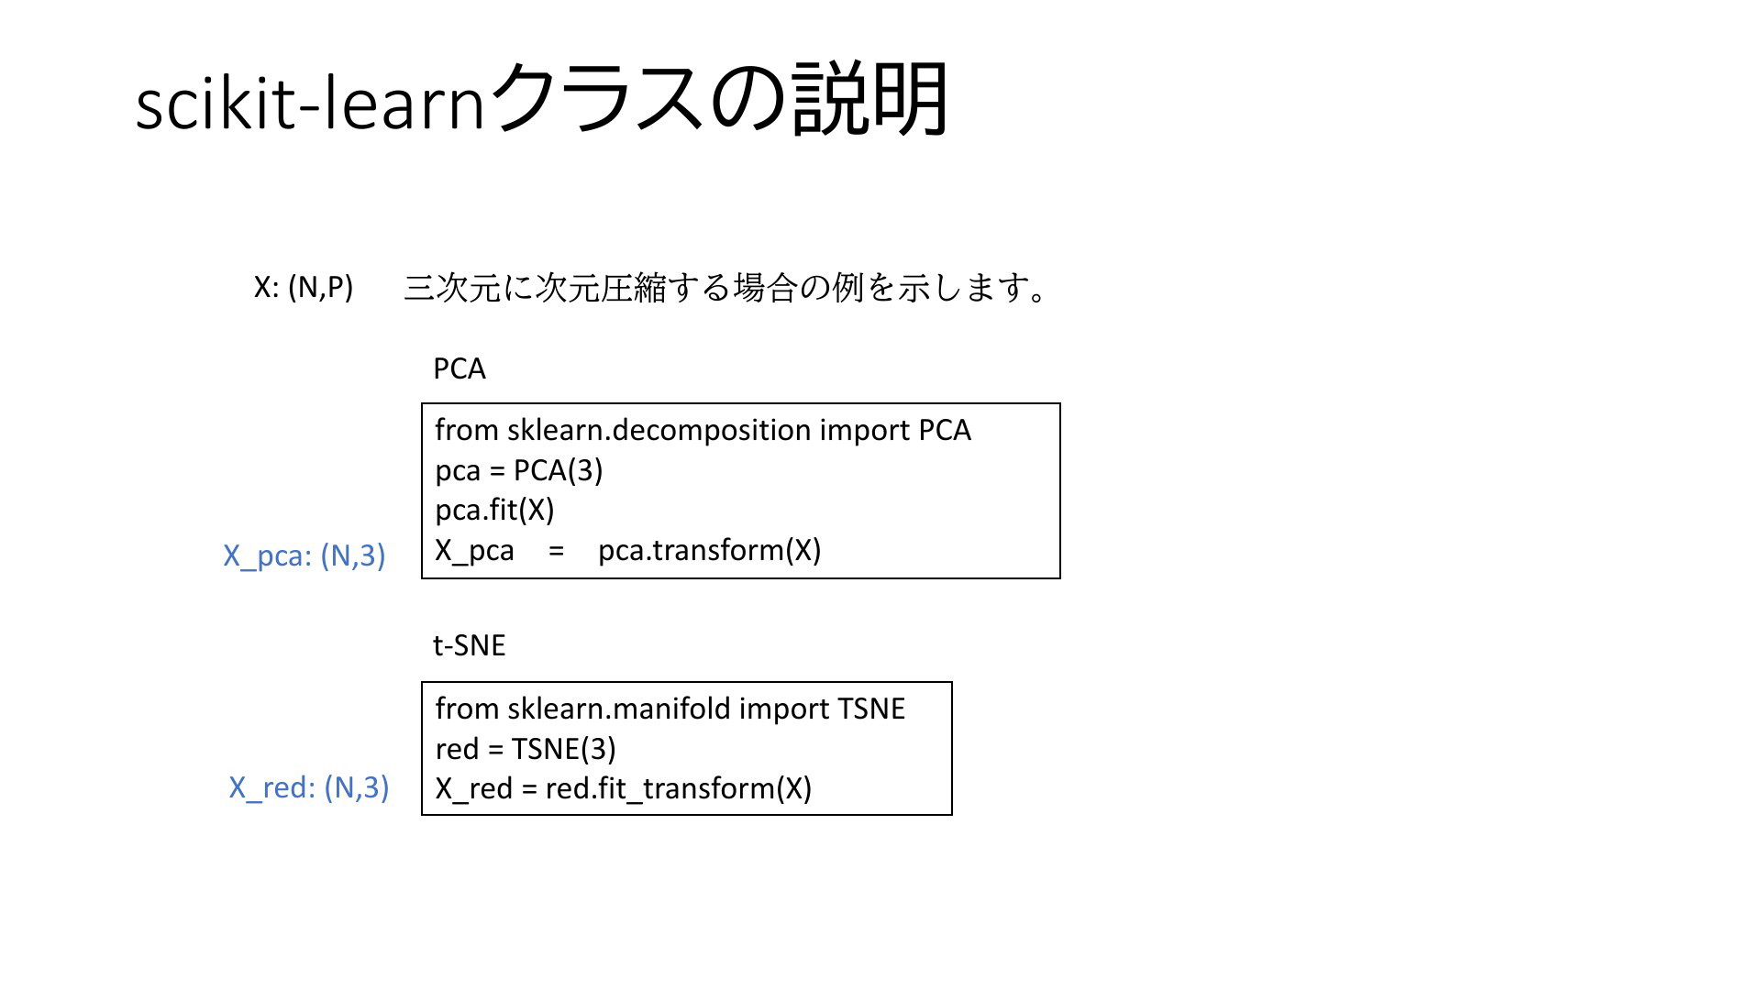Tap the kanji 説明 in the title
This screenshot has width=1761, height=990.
click(x=869, y=99)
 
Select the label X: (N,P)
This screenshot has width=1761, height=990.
click(x=304, y=288)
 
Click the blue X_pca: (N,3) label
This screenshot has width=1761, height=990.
click(x=305, y=555)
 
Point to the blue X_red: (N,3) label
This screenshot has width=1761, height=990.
click(x=309, y=787)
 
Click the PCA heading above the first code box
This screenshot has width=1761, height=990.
click(x=460, y=368)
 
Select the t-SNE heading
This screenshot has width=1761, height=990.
click(x=470, y=645)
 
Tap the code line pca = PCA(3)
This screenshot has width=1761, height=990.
click(x=519, y=470)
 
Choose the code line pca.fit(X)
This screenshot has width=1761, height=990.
click(x=495, y=511)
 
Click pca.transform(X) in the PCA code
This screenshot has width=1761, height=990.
click(x=710, y=550)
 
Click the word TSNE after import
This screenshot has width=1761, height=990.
click(x=871, y=709)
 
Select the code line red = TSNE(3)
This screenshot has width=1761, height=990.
click(x=526, y=749)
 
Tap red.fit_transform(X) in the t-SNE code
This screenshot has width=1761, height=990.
click(x=679, y=788)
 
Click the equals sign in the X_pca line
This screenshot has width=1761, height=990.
click(x=556, y=552)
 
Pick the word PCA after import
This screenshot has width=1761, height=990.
click(x=945, y=430)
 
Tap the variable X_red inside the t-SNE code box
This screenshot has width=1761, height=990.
click(x=474, y=789)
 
